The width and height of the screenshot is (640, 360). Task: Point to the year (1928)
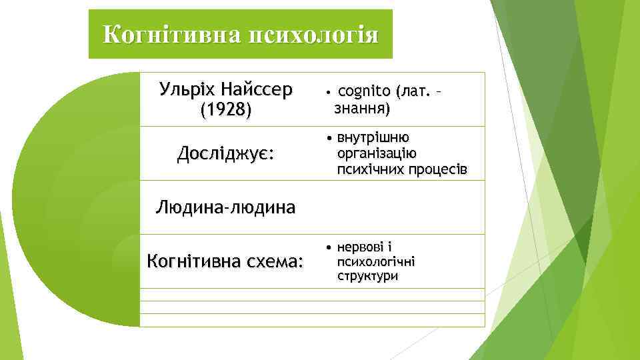pyautogui.click(x=225, y=109)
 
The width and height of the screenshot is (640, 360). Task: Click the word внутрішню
pyautogui.click(x=373, y=137)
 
